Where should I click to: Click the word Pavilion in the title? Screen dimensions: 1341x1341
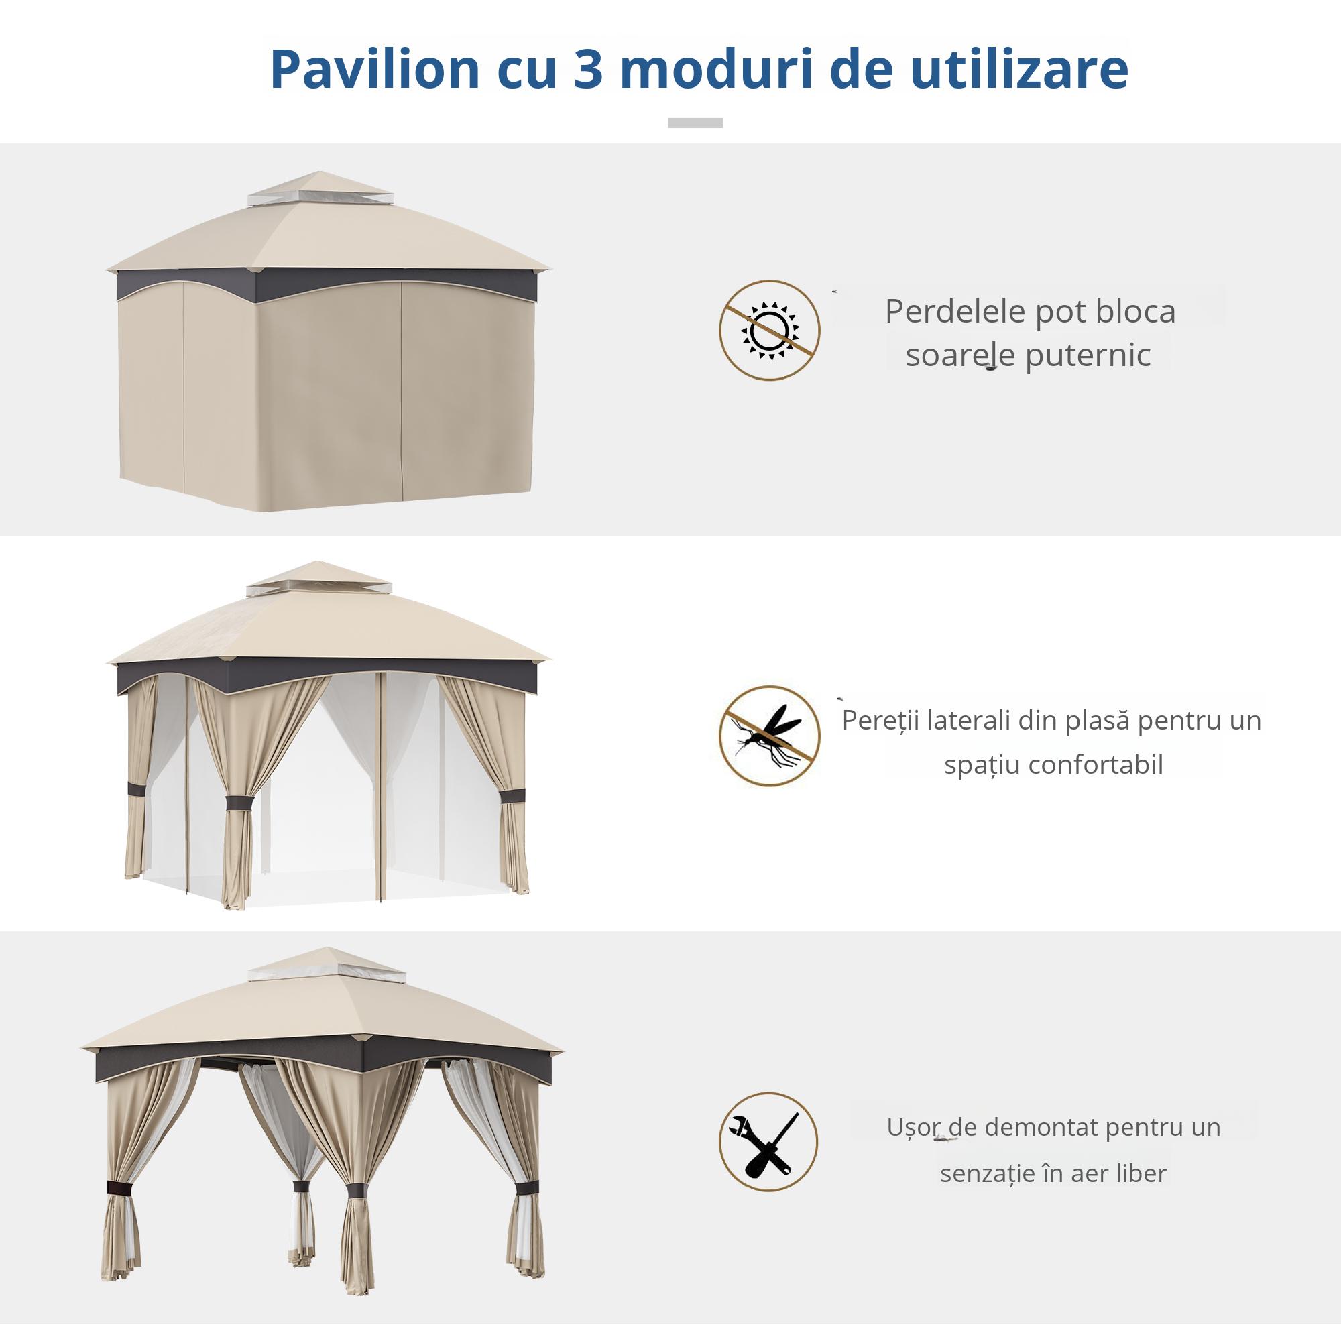coord(375,70)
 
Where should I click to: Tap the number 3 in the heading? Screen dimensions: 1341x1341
coord(588,70)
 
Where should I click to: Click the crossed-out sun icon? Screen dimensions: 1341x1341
coord(769,331)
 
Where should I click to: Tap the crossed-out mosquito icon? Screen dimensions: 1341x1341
coord(769,736)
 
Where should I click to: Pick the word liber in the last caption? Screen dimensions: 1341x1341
coord(1142,1173)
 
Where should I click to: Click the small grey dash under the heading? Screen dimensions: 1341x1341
coord(695,123)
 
